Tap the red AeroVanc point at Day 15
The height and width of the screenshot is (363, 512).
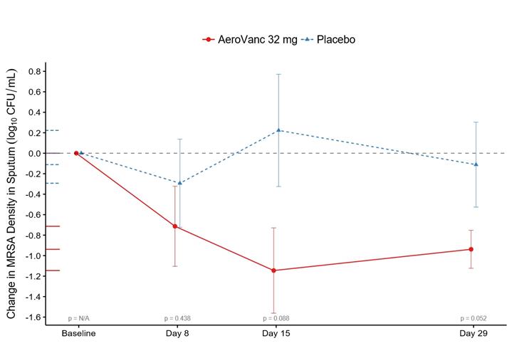point(274,270)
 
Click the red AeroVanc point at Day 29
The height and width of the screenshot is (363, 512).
point(471,249)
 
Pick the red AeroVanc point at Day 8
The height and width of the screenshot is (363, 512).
point(175,226)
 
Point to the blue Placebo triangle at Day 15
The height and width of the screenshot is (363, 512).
point(278,130)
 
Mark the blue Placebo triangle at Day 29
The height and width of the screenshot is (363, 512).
point(476,164)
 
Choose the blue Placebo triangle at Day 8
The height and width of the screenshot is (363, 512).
point(179,183)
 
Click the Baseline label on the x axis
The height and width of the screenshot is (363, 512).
point(78,333)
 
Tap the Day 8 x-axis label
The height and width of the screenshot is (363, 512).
point(177,333)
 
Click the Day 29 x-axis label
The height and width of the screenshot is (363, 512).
point(473,333)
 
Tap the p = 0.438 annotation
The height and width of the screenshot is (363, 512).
point(177,318)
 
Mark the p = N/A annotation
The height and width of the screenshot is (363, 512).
point(78,318)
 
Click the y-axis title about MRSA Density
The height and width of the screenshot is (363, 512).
point(12,194)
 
